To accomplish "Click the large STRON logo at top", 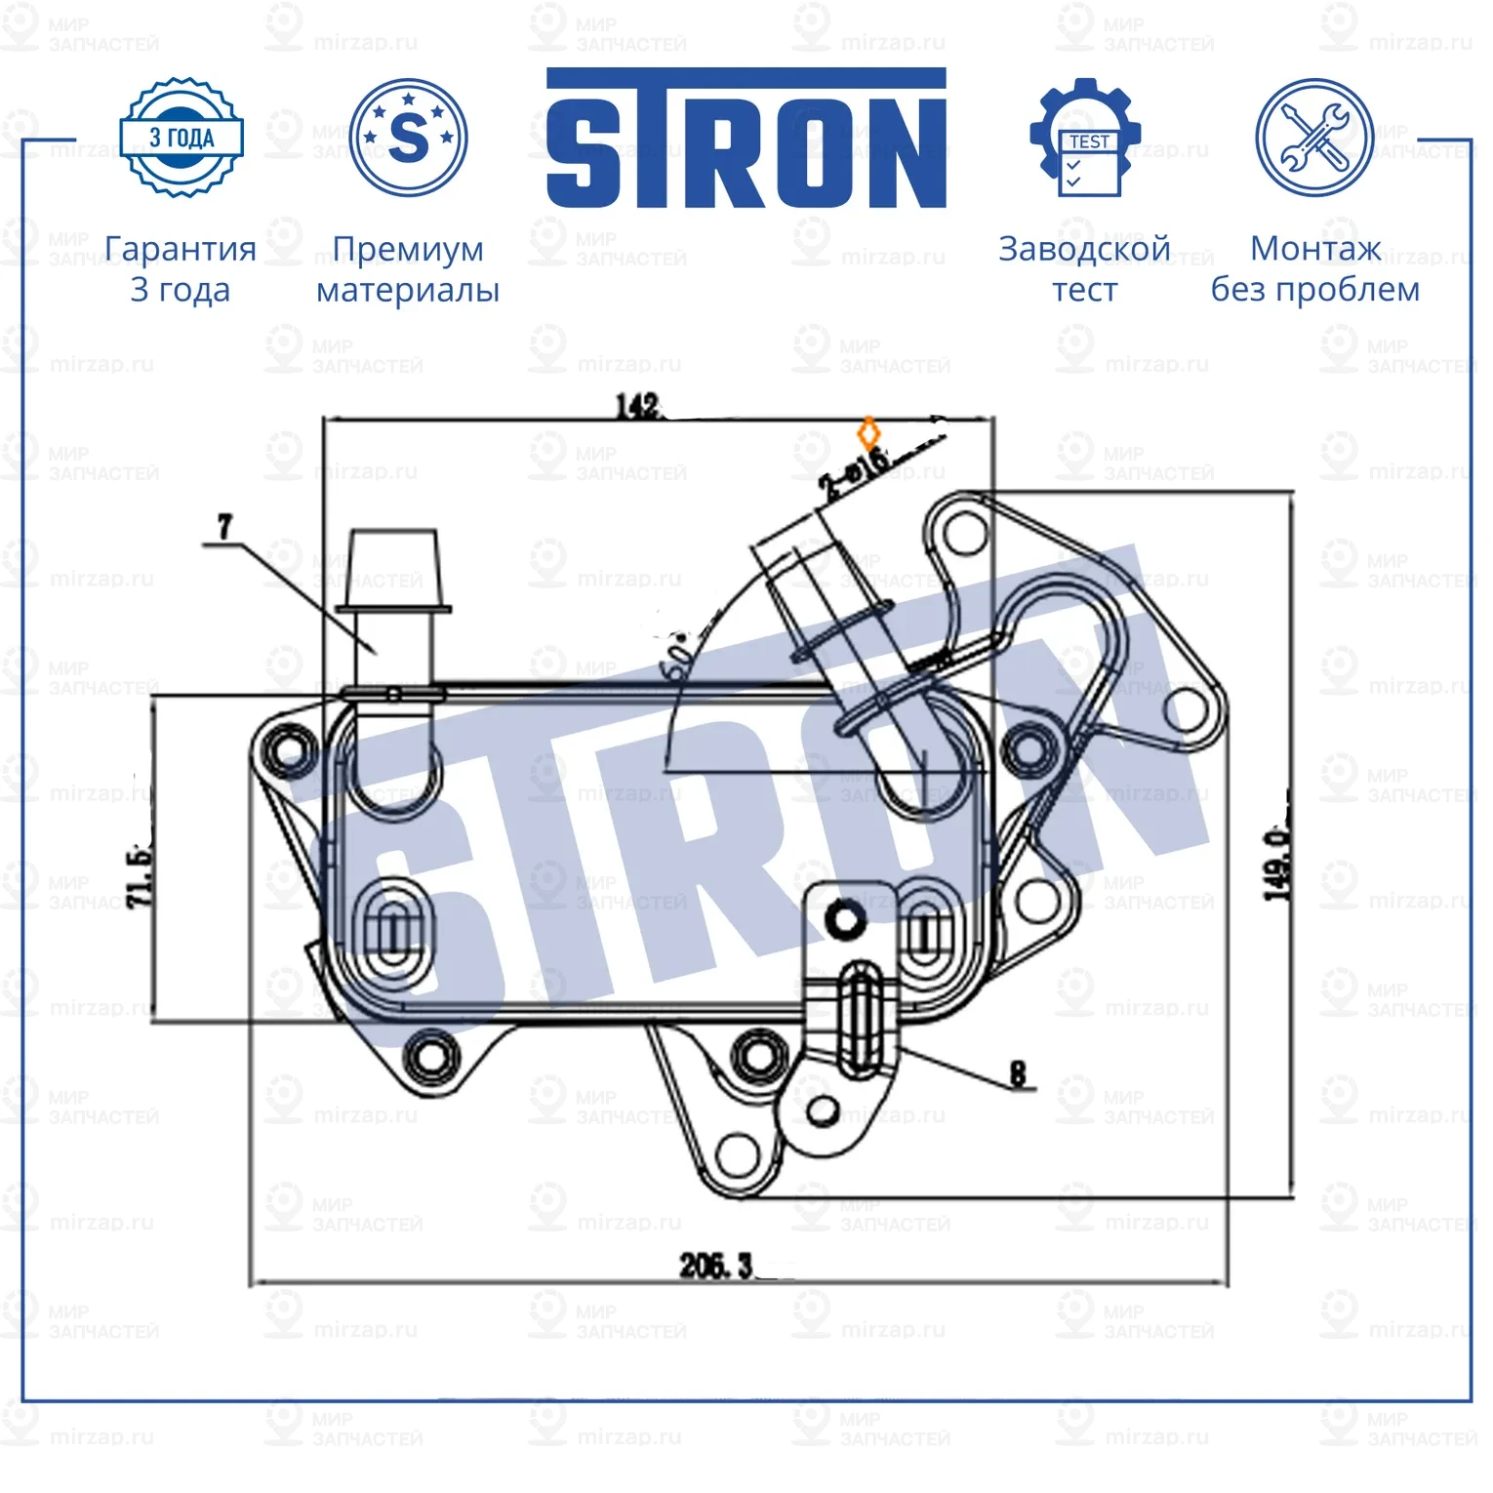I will [746, 139].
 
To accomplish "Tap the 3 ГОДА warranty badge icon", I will [182, 138].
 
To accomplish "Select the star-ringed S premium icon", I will [408, 138].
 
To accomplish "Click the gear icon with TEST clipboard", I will [1085, 138].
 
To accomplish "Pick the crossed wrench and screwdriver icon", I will [1313, 138].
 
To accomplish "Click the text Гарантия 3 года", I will [181, 269].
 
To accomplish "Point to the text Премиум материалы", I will [408, 269].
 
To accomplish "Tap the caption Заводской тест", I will [1084, 269].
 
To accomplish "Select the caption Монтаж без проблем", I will [1314, 269].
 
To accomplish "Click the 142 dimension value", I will [637, 405].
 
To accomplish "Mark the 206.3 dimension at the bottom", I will [716, 1266].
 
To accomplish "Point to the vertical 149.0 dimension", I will [1276, 864].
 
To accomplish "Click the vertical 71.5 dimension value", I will [140, 875].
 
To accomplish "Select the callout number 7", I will [225, 527].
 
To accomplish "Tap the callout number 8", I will [1018, 1074].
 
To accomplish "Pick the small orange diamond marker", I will [868, 433].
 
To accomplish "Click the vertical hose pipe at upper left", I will [393, 615].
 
